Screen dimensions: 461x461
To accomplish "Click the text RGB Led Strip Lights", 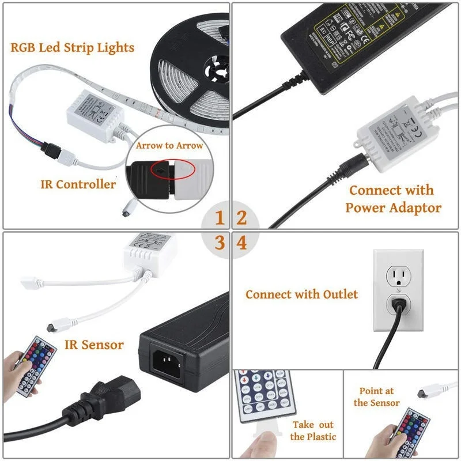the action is [x=72, y=47].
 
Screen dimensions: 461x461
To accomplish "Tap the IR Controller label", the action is [x=78, y=184].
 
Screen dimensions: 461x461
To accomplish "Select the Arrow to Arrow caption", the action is [x=169, y=146].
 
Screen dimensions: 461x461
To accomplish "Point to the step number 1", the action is [x=220, y=218].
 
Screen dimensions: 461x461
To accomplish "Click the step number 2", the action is [x=242, y=218].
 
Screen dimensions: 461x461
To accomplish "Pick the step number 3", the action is [x=220, y=243].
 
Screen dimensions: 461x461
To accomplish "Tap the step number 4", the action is [x=242, y=243].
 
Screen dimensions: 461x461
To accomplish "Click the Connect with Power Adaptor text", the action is [x=392, y=199].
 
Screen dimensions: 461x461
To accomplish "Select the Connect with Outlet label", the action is [x=301, y=294].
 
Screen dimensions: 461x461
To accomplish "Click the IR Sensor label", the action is [x=94, y=345].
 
